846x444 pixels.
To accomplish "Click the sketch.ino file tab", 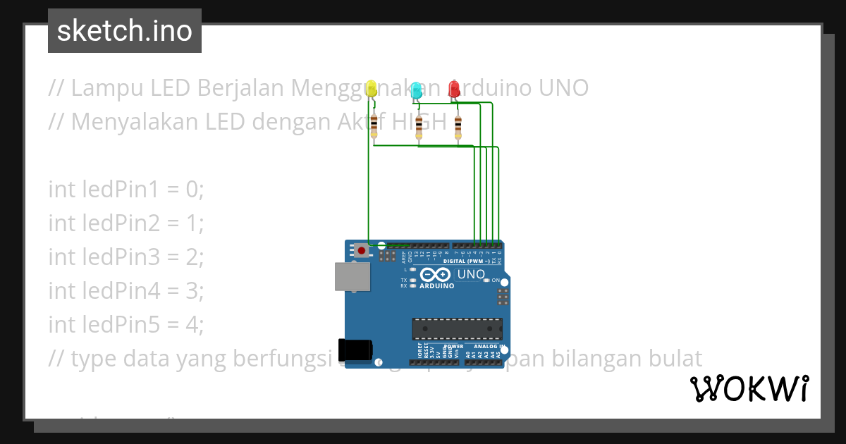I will click(x=124, y=31).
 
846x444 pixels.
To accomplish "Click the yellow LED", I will click(x=372, y=89).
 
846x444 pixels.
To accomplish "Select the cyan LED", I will click(x=417, y=90).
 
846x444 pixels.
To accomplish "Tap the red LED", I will click(x=455, y=89).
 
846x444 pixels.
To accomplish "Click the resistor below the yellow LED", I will click(x=374, y=127).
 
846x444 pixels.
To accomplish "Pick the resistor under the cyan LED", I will click(x=419, y=128).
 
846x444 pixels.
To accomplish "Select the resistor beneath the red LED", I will click(x=458, y=128).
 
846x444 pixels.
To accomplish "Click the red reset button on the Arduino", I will click(x=362, y=250).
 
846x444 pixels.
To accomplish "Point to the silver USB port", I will click(x=352, y=276).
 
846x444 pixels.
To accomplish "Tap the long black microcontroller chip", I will click(x=458, y=328).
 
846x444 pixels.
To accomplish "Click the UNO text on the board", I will click(x=471, y=274).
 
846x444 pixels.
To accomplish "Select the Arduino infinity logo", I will click(x=434, y=275).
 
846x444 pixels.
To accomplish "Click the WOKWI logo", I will click(x=749, y=389).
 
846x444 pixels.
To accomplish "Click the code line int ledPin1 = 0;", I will click(x=125, y=190).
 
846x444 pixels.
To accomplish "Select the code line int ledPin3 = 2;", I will click(x=125, y=257).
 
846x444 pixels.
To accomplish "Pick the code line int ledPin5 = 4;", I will click(x=125, y=325).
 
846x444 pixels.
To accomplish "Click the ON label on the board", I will click(x=496, y=280).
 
